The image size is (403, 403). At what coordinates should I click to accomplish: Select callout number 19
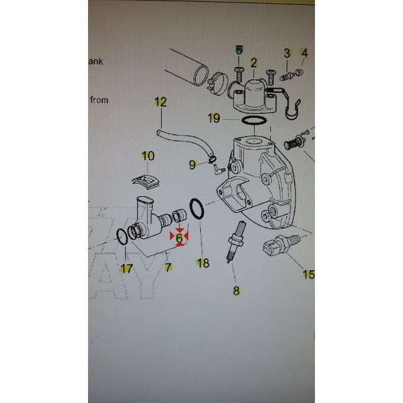pyautogui.click(x=214, y=118)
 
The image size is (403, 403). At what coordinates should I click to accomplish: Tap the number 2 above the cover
pyautogui.click(x=254, y=62)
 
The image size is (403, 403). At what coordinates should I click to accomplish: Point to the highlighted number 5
pyautogui.click(x=239, y=50)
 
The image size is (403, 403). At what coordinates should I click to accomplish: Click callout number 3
pyautogui.click(x=287, y=53)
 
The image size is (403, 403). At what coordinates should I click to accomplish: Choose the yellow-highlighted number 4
pyautogui.click(x=304, y=53)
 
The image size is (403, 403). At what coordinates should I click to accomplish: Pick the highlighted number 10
pyautogui.click(x=148, y=156)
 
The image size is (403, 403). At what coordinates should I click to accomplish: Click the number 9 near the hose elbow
pyautogui.click(x=193, y=164)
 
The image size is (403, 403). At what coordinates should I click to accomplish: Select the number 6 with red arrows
pyautogui.click(x=179, y=237)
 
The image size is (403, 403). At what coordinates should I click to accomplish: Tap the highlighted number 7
pyautogui.click(x=168, y=267)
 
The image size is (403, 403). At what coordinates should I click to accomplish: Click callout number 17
pyautogui.click(x=126, y=268)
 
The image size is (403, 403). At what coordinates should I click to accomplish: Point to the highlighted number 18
pyautogui.click(x=202, y=263)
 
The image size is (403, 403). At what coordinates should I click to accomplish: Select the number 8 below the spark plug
pyautogui.click(x=236, y=290)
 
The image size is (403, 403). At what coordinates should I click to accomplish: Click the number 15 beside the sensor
pyautogui.click(x=308, y=273)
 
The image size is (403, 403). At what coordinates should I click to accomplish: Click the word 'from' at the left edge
pyautogui.click(x=99, y=99)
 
